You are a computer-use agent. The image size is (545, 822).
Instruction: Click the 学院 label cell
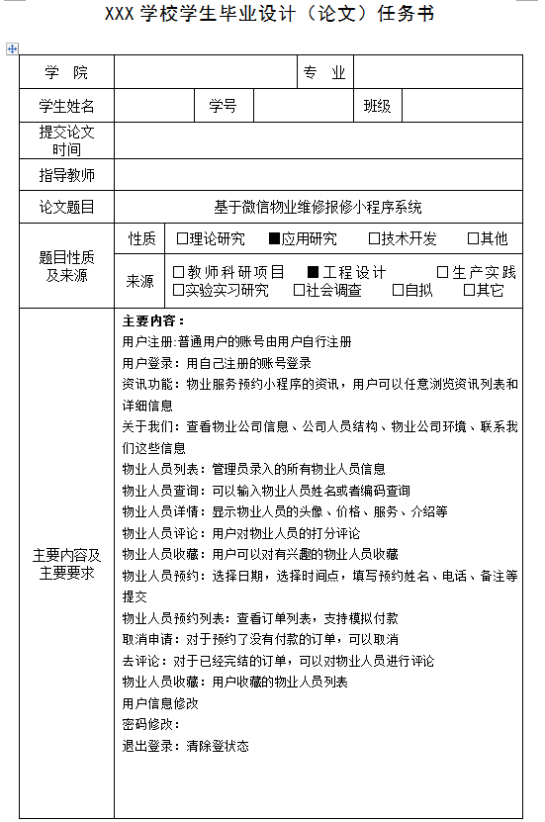click(x=66, y=72)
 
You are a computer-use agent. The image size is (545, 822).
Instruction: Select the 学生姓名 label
click(x=66, y=106)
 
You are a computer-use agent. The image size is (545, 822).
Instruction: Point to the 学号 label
click(x=223, y=106)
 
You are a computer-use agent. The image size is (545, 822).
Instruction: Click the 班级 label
click(x=377, y=106)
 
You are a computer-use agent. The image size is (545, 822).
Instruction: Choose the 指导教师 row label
click(x=66, y=175)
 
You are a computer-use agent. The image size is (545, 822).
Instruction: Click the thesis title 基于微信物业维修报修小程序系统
click(x=318, y=207)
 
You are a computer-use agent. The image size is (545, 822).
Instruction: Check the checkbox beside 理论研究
click(x=182, y=238)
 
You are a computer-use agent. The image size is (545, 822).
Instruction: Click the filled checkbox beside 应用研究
click(x=275, y=238)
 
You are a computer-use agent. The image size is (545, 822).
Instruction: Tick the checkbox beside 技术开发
click(x=374, y=238)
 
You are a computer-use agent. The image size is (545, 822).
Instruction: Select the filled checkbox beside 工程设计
click(x=313, y=272)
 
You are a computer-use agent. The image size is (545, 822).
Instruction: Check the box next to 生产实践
click(x=443, y=272)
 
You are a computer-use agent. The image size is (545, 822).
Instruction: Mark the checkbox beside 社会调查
click(x=299, y=290)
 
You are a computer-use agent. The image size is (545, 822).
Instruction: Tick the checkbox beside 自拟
click(x=398, y=290)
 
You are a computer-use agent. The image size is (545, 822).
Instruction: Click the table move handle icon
click(x=11, y=46)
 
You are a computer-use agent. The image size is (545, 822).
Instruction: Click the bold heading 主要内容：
click(x=153, y=320)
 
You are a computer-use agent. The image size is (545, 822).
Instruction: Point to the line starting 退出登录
click(x=185, y=746)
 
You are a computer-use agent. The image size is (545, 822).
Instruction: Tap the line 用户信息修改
click(x=160, y=703)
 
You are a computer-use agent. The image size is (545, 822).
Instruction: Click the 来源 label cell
click(x=140, y=281)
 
